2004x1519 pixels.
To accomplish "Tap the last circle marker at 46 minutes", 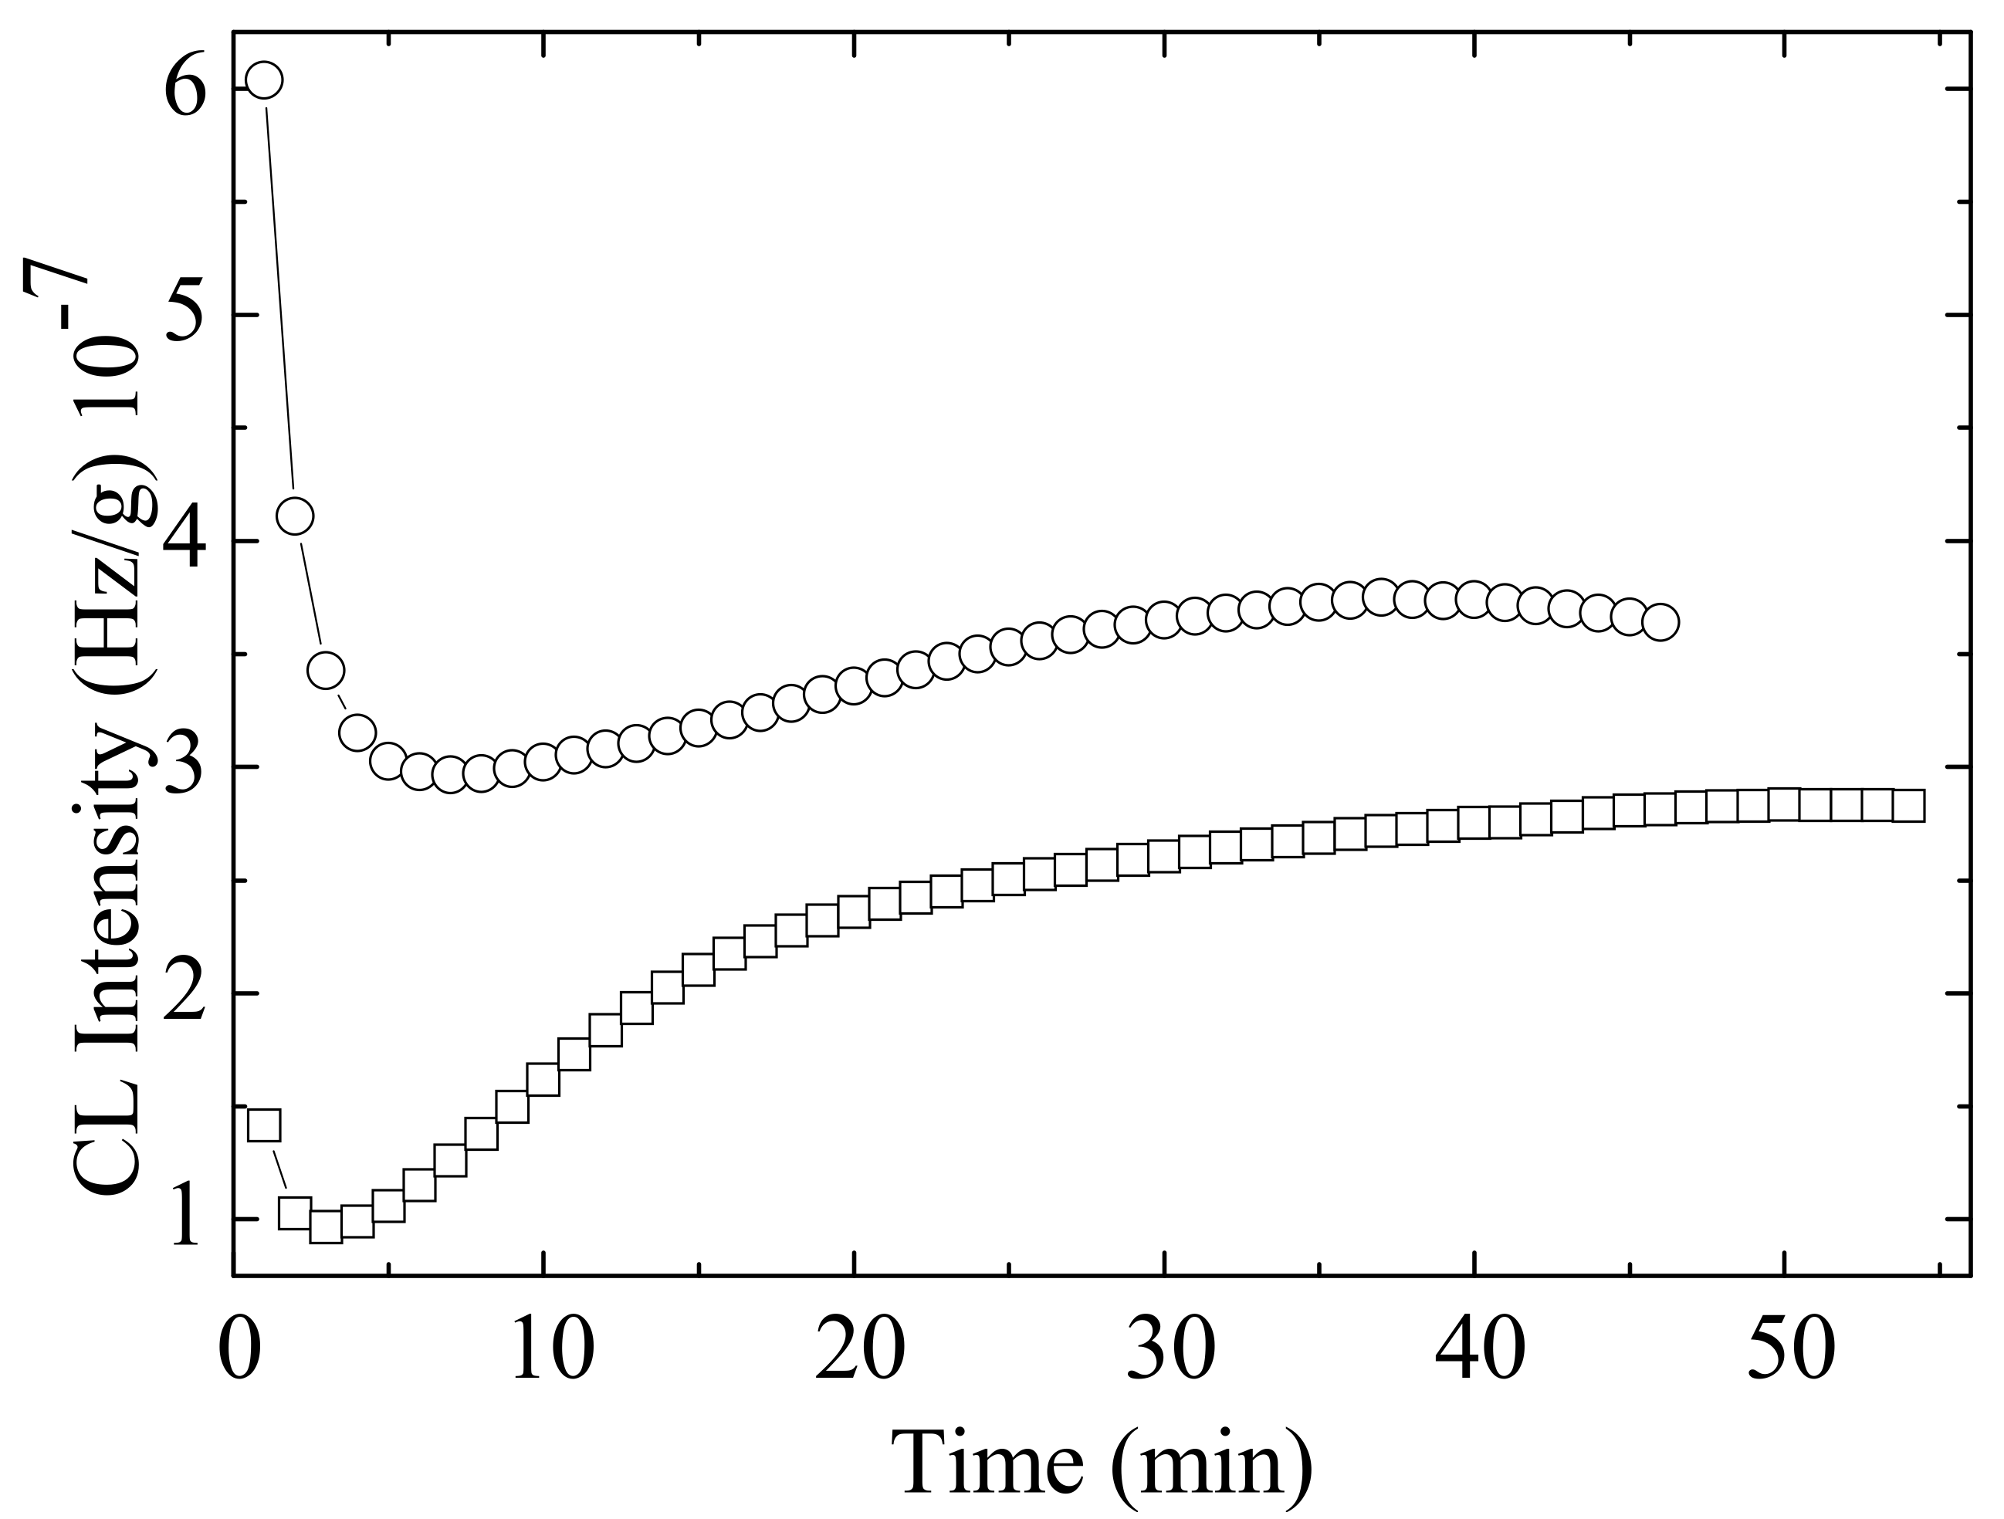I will point(1660,622).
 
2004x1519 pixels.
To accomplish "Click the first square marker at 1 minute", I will point(264,1125).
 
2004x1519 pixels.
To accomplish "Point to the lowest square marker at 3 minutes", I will point(326,1227).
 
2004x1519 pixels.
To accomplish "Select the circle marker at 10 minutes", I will point(543,762).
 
